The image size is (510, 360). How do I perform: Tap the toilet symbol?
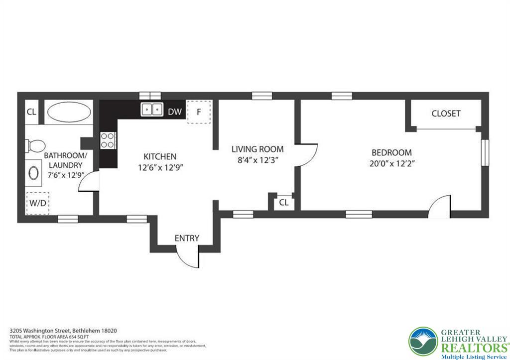(x=35, y=146)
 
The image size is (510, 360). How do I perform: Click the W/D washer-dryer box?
(x=37, y=203)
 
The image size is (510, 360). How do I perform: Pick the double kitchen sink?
(x=152, y=110)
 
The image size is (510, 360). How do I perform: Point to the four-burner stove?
(x=108, y=140)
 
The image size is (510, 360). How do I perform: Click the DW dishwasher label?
(x=174, y=112)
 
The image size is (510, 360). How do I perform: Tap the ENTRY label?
(x=187, y=238)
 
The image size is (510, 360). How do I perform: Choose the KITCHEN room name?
(x=160, y=156)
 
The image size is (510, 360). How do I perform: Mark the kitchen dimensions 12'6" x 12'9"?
(x=161, y=168)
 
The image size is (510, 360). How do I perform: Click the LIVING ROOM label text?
(x=257, y=149)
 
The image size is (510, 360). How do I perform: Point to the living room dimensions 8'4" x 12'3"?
(x=257, y=160)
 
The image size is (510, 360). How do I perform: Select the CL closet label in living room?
(x=283, y=203)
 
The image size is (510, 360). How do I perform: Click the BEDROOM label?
(x=391, y=152)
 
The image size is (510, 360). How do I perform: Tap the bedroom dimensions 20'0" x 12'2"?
(x=392, y=163)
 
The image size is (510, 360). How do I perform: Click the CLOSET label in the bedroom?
(x=446, y=114)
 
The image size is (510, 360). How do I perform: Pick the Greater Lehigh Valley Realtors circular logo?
(x=423, y=342)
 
